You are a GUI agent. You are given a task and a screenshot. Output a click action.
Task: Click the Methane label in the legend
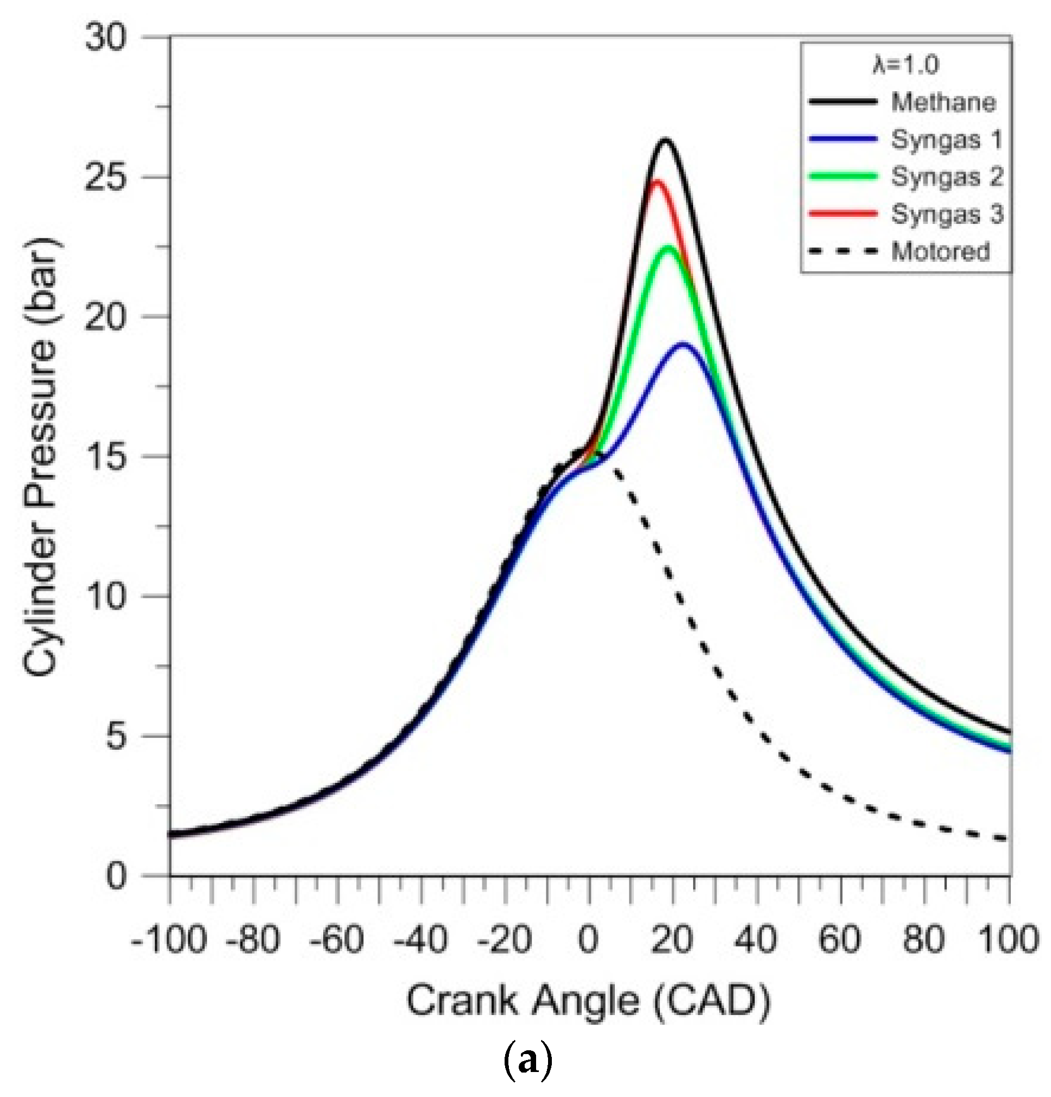coord(943,103)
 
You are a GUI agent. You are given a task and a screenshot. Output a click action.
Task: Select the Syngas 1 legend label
coord(946,139)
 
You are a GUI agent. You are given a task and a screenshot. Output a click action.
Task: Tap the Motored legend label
coord(941,252)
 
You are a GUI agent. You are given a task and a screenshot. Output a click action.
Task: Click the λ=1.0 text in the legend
coord(905,65)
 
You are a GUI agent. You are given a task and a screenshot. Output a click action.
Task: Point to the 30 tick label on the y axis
coord(105,38)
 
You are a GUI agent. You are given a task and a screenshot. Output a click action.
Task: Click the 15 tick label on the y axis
coord(105,457)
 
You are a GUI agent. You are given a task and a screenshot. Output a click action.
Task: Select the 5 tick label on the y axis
coord(116,736)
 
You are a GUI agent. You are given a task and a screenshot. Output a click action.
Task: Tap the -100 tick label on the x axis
coord(169,940)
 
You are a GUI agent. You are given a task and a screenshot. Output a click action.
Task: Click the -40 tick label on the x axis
coord(421,940)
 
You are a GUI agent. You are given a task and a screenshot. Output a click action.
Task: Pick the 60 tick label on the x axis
coord(841,940)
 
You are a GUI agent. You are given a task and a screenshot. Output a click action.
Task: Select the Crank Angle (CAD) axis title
coord(588,1002)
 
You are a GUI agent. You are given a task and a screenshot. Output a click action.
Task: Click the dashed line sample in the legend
coord(843,252)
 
